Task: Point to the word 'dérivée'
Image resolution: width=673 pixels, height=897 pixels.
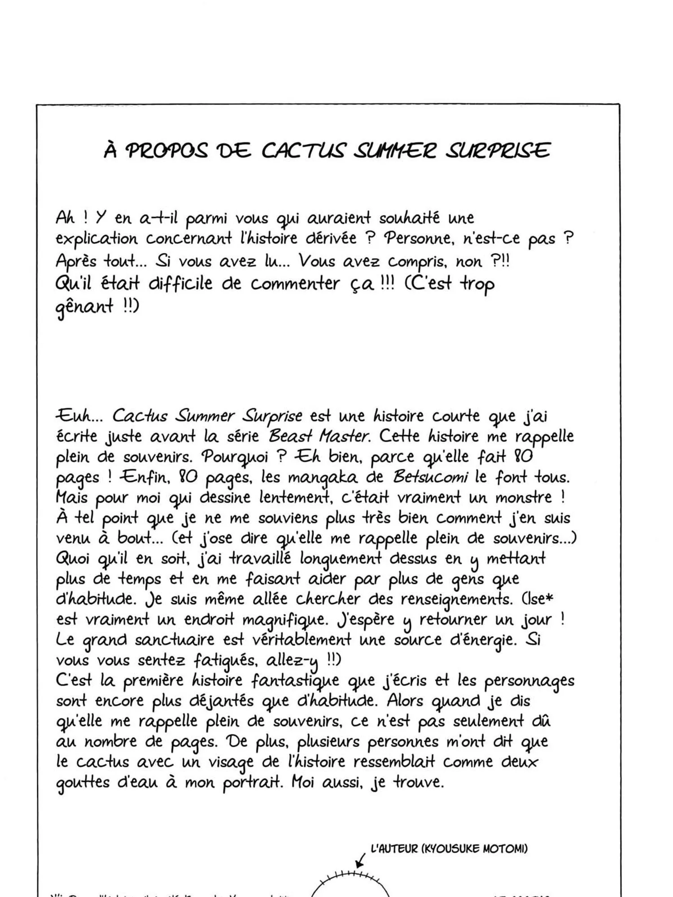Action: [331, 238]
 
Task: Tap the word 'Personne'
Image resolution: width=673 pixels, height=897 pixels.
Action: [417, 238]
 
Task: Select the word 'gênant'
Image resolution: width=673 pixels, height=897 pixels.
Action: [84, 307]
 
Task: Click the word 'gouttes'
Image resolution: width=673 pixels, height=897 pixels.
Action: [83, 783]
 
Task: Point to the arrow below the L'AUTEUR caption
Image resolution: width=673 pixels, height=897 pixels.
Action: [359, 862]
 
